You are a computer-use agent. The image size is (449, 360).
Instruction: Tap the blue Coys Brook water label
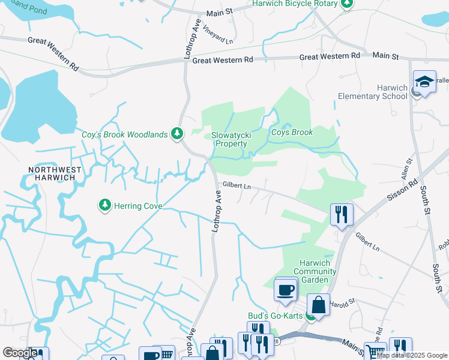pyautogui.click(x=292, y=132)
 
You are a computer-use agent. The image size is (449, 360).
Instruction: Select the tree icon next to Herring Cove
pyautogui.click(x=105, y=205)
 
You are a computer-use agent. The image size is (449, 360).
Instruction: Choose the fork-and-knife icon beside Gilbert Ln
pyautogui.click(x=342, y=214)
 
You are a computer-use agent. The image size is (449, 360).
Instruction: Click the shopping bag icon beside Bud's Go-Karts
pyautogui.click(x=318, y=304)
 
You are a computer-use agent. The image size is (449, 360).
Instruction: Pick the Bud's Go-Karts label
pyautogui.click(x=276, y=316)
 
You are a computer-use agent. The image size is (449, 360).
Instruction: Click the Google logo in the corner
pyautogui.click(x=20, y=353)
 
